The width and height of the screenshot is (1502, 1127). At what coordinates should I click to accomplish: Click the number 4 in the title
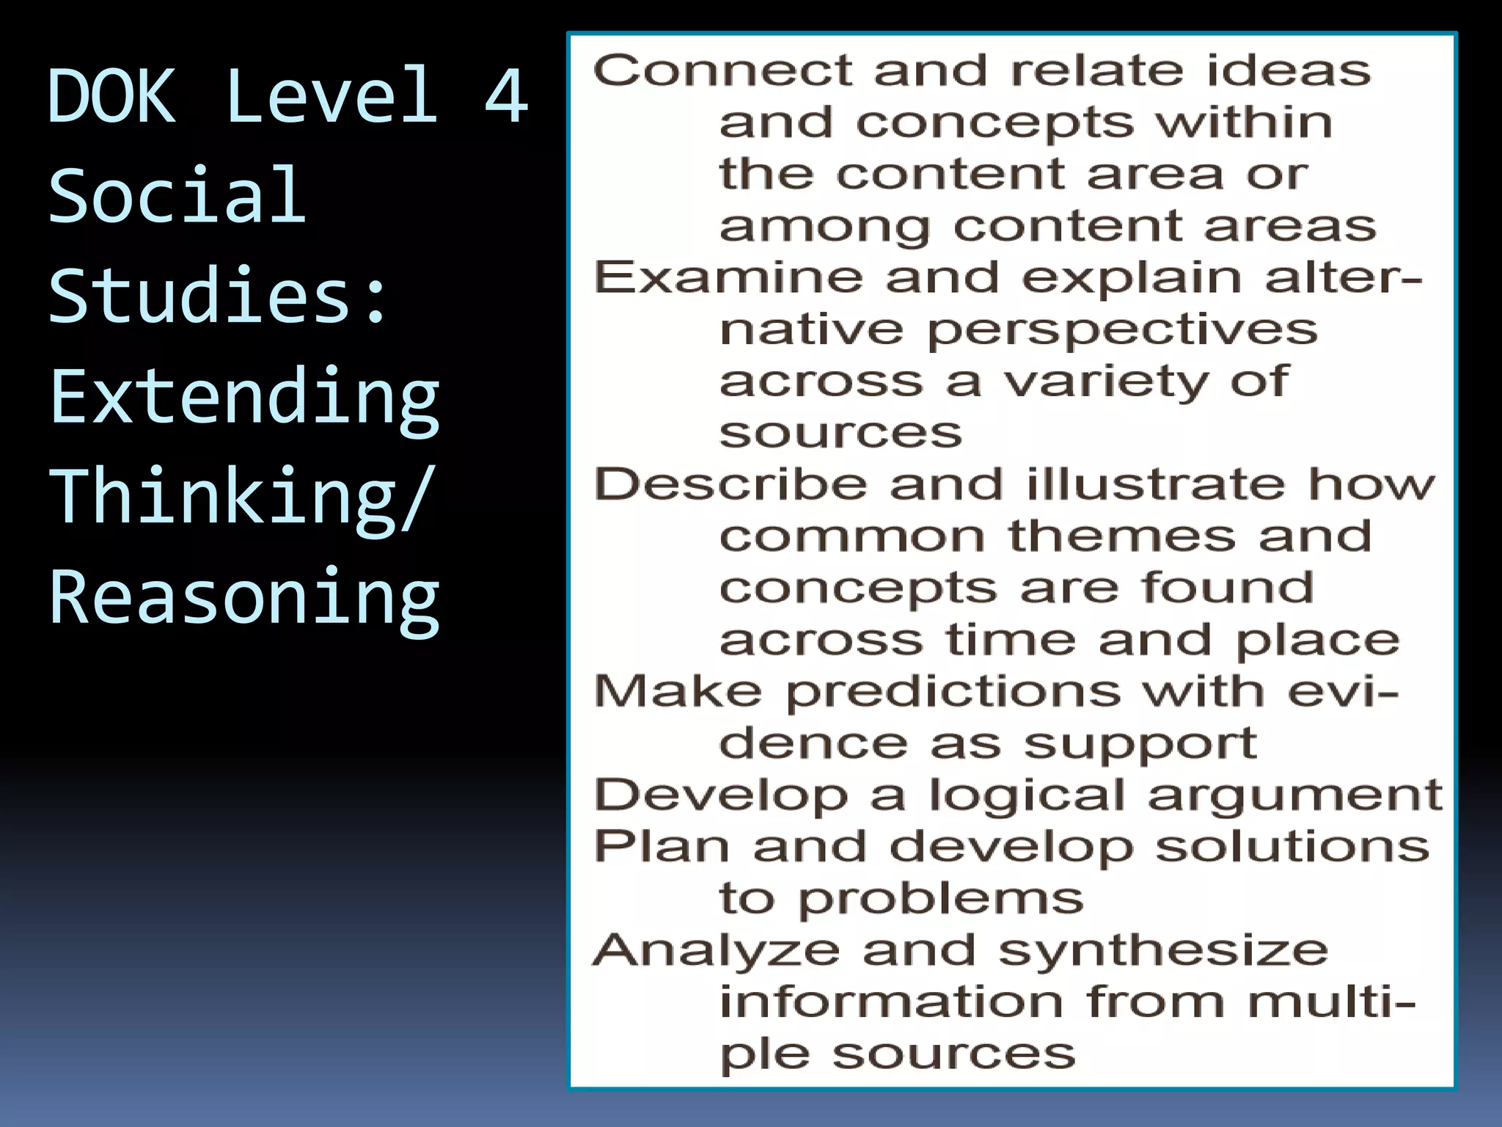505,95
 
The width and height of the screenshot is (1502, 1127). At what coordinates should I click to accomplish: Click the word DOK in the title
111,95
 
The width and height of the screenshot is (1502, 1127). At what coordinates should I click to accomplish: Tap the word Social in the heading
177,195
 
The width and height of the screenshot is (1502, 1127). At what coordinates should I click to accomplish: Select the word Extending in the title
244,398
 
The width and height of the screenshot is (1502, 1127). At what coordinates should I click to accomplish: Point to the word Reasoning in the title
244,598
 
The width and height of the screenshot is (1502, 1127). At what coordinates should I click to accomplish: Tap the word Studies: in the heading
218,296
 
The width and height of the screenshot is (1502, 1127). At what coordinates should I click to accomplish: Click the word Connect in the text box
722,71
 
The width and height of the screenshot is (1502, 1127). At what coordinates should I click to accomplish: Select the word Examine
728,278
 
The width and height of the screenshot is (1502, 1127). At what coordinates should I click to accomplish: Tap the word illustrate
1155,485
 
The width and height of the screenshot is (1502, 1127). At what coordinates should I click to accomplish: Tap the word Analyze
716,952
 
